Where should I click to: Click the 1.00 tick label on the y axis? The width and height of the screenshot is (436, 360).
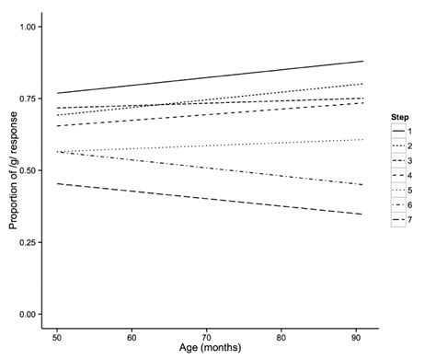point(28,28)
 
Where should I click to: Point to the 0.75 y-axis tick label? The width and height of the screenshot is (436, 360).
point(28,99)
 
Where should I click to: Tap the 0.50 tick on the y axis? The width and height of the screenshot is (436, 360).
point(28,171)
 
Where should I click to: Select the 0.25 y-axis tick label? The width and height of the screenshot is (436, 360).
point(28,243)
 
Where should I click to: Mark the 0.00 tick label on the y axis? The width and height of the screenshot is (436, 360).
point(28,315)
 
